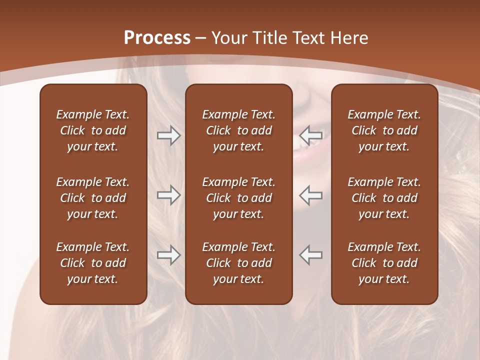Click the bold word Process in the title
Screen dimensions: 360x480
pos(157,38)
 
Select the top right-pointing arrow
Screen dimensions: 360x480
pos(168,135)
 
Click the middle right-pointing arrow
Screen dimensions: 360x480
pos(168,195)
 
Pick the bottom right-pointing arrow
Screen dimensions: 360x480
pos(168,254)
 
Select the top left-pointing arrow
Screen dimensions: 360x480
pos(311,135)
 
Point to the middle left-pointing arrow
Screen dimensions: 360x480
pos(311,195)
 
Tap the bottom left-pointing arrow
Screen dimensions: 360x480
pos(311,254)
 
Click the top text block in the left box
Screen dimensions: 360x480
pos(93,130)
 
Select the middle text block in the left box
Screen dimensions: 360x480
pos(93,198)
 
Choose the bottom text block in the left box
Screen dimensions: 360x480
pos(93,263)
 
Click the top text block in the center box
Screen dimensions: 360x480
pos(238,130)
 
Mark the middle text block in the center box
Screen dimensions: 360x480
pos(238,198)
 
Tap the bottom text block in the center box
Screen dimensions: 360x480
pos(238,263)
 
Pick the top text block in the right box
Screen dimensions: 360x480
pos(384,130)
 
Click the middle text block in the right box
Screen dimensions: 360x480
pos(384,198)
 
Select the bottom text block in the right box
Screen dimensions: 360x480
pos(384,263)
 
